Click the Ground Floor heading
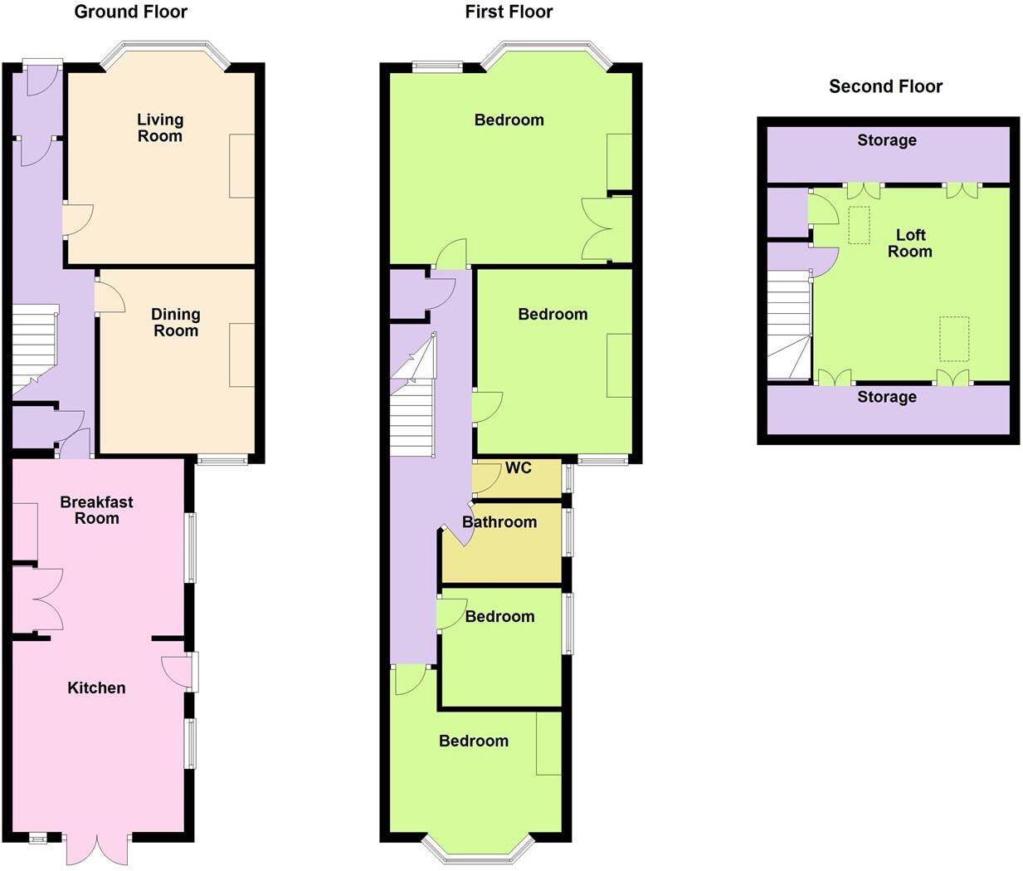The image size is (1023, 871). pyautogui.click(x=130, y=12)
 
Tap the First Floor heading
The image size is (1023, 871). pyautogui.click(x=509, y=12)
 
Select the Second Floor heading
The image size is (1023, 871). pyautogui.click(x=885, y=86)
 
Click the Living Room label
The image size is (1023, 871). pyautogui.click(x=160, y=128)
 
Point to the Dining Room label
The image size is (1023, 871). pyautogui.click(x=175, y=322)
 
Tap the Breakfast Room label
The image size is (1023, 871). pyautogui.click(x=96, y=510)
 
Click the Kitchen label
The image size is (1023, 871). pyautogui.click(x=96, y=688)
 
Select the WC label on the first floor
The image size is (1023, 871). pyautogui.click(x=519, y=468)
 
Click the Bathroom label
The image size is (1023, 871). pyautogui.click(x=499, y=522)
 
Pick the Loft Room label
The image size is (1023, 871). pyautogui.click(x=910, y=243)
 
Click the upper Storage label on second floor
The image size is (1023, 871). pyautogui.click(x=887, y=140)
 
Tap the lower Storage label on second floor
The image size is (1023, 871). pyautogui.click(x=887, y=397)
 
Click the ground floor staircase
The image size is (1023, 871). pyautogui.click(x=33, y=349)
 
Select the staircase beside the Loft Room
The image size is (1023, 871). pyautogui.click(x=788, y=329)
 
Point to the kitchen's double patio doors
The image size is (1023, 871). pyautogui.click(x=97, y=847)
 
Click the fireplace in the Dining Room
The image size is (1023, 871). pyautogui.click(x=242, y=355)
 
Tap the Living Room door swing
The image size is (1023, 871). pyautogui.click(x=76, y=220)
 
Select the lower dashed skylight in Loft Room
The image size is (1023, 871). pyautogui.click(x=954, y=339)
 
